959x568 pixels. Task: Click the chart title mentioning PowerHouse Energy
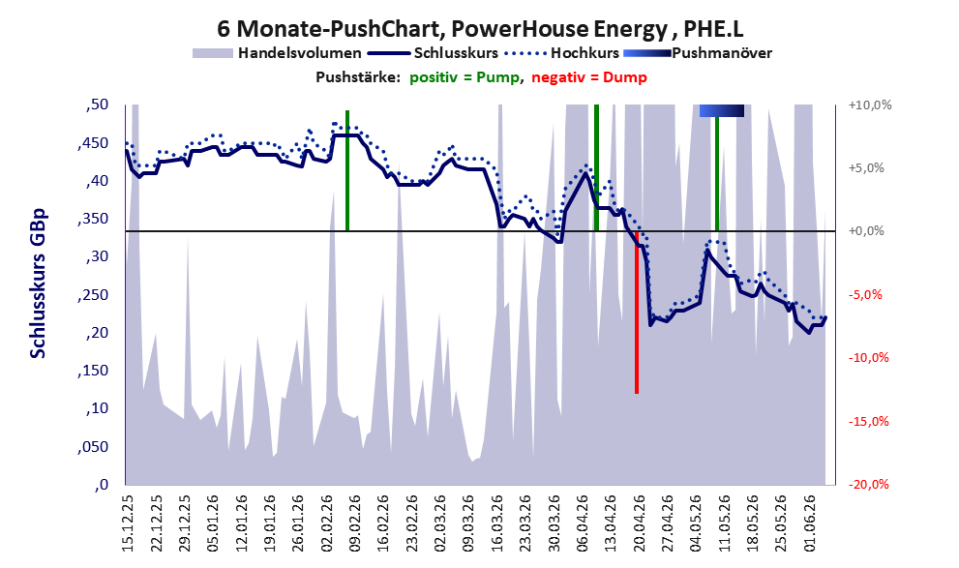point(480,28)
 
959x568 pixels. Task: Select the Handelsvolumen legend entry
point(277,53)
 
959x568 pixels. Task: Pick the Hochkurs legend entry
point(561,53)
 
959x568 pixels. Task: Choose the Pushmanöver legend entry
point(697,53)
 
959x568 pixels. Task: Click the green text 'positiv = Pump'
point(465,77)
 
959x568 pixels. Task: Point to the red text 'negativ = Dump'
point(589,77)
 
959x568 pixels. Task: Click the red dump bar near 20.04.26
point(637,313)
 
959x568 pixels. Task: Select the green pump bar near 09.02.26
point(347,170)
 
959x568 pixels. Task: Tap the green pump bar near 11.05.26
point(717,173)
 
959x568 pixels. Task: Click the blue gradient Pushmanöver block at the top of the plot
point(722,110)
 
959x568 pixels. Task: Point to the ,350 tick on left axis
point(92,219)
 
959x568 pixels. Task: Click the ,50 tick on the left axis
point(97,105)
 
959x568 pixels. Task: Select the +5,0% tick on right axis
point(866,168)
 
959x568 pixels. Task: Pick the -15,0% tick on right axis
point(868,421)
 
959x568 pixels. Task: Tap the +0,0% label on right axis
point(866,231)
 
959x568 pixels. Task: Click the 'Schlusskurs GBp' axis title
point(38,284)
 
